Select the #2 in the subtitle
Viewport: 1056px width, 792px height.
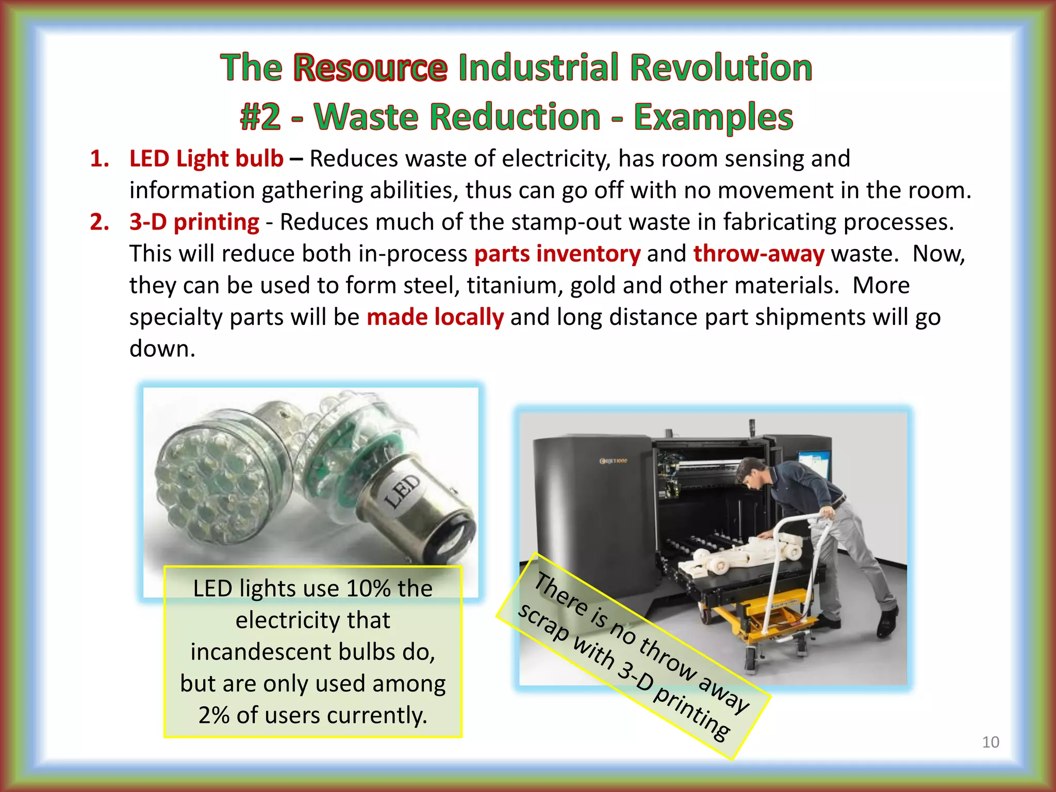(x=260, y=117)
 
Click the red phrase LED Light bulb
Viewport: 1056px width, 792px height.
(x=206, y=158)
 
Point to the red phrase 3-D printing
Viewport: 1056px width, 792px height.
(x=194, y=222)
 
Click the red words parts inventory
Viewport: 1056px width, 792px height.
(x=557, y=254)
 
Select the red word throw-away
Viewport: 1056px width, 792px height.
(x=758, y=254)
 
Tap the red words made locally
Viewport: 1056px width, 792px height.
(x=435, y=317)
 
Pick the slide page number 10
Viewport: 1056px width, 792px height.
(x=991, y=742)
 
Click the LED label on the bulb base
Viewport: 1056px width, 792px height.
(x=403, y=491)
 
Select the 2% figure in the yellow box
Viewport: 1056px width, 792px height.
(x=213, y=715)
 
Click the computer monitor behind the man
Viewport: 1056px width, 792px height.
(x=813, y=464)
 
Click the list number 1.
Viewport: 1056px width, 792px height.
(x=98, y=158)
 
